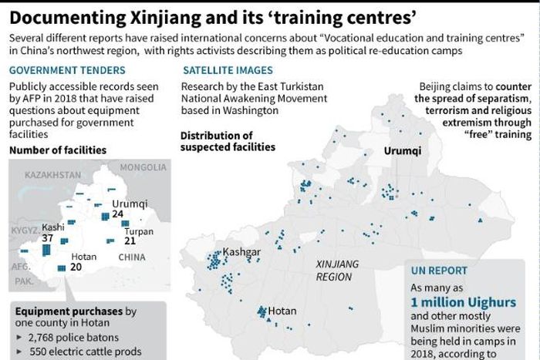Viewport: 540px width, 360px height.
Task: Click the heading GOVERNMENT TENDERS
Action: tap(58, 69)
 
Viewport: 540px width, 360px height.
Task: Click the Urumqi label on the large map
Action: tap(403, 150)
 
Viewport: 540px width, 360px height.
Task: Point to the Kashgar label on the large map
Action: tap(241, 252)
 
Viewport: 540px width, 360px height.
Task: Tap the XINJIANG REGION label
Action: tap(338, 269)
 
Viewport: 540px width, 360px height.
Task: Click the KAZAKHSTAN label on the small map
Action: tap(52, 176)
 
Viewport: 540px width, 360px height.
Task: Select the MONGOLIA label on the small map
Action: tap(143, 167)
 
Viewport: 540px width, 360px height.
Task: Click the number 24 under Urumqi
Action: tap(117, 214)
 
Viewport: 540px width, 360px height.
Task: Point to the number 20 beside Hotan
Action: tap(76, 267)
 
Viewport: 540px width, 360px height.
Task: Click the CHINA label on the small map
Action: tap(132, 257)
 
